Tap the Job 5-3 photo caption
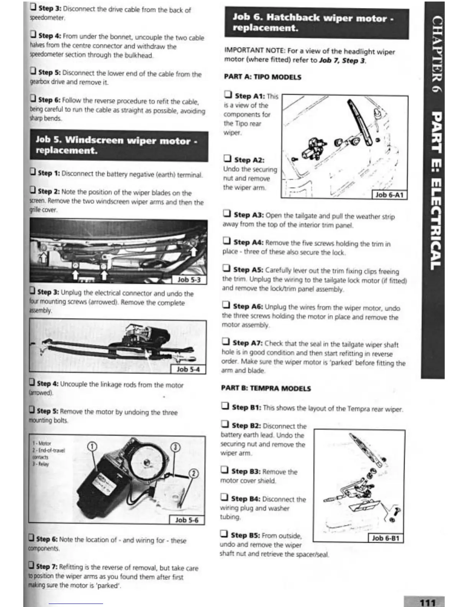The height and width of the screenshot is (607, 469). (189, 280)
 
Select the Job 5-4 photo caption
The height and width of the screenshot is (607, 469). (188, 369)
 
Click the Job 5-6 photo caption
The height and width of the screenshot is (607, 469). (187, 520)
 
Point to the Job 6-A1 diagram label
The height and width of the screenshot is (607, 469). (389, 195)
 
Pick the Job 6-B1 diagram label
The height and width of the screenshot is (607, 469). (386, 538)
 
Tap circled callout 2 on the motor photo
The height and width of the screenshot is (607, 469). (194, 474)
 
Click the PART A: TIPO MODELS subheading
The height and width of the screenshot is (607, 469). (262, 77)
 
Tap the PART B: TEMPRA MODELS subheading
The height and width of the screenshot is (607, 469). (266, 388)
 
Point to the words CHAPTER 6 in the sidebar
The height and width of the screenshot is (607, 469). (437, 54)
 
